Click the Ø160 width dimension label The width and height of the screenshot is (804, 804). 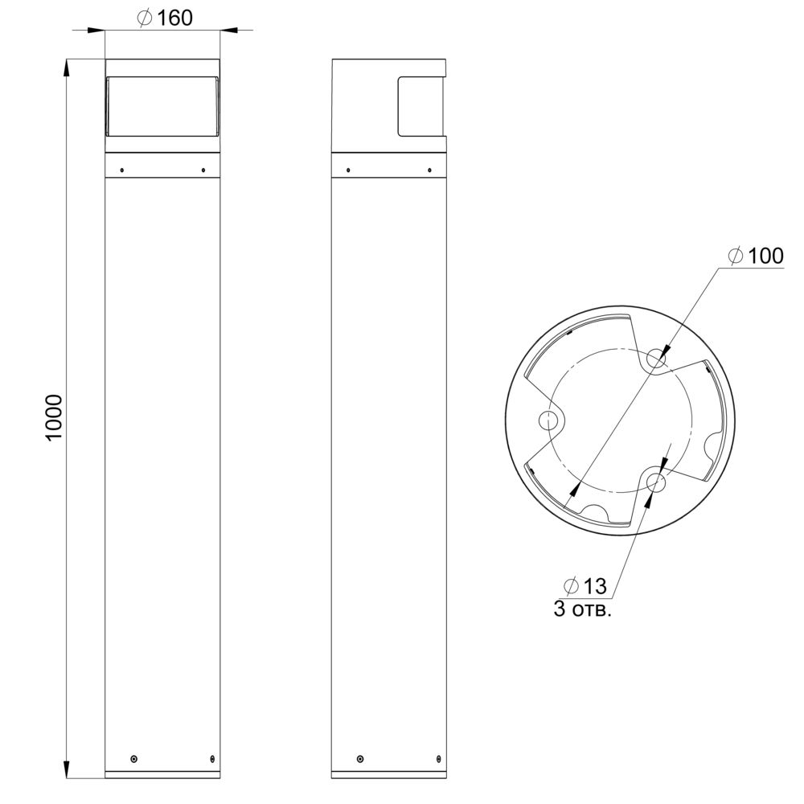click(165, 18)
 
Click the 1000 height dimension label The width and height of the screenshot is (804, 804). click(54, 416)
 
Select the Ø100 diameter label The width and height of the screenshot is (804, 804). click(757, 256)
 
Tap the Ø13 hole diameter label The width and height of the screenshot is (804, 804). click(585, 585)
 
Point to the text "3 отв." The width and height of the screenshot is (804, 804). click(582, 609)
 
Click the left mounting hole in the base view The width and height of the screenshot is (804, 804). click(548, 421)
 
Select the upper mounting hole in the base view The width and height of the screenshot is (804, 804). click(656, 359)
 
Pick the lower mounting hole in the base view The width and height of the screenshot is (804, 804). click(656, 482)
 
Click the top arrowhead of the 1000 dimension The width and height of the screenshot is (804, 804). click(67, 68)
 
